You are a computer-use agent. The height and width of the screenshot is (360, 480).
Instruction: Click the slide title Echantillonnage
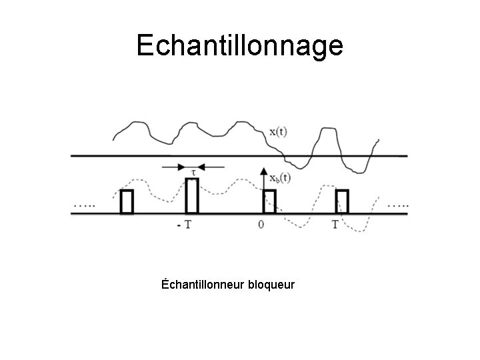click(x=240, y=45)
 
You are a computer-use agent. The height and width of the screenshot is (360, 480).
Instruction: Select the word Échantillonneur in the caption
click(x=203, y=285)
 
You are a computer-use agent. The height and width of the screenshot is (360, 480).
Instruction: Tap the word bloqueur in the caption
click(x=271, y=285)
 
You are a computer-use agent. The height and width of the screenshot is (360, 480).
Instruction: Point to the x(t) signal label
click(x=279, y=131)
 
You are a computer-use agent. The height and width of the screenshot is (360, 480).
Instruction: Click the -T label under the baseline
click(x=183, y=225)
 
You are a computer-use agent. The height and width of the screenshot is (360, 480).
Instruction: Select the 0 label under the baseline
click(x=261, y=225)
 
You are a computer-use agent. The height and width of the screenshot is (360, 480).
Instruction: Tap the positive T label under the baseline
click(x=335, y=225)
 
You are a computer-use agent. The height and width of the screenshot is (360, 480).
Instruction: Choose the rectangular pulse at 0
click(x=269, y=201)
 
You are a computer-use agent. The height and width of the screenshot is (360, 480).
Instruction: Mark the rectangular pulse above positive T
click(x=342, y=201)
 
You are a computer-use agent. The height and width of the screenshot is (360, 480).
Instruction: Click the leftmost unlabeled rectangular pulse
click(x=127, y=201)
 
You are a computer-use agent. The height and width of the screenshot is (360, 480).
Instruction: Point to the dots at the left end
click(x=84, y=205)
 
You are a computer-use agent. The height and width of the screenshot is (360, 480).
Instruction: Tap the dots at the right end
click(x=398, y=205)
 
